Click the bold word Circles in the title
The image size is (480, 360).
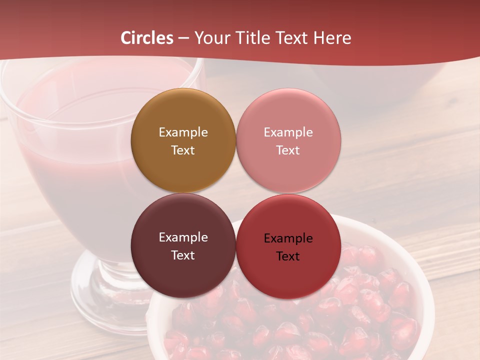click(x=147, y=38)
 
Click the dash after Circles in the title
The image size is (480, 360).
click(x=183, y=38)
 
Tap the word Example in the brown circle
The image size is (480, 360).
click(x=183, y=132)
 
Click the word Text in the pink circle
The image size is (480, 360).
click(x=288, y=150)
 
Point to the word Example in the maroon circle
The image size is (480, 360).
click(x=183, y=237)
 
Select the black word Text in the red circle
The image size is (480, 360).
click(x=288, y=256)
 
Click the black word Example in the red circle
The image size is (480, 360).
click(x=288, y=238)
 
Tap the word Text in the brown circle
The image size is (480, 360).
click(x=183, y=150)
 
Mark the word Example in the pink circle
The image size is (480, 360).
click(x=288, y=132)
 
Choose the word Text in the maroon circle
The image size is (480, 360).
click(x=183, y=255)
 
